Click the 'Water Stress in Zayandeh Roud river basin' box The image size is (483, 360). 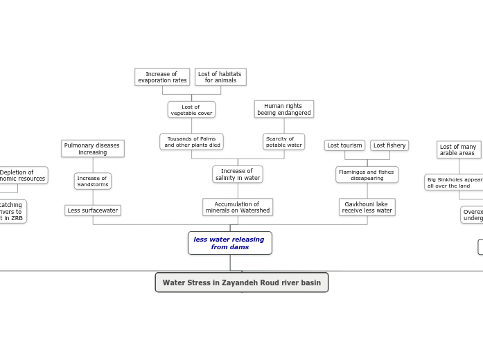point(241,282)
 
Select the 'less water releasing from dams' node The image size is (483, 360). point(229,243)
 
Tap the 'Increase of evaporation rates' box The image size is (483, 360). point(162,77)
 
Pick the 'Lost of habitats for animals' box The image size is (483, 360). point(220,77)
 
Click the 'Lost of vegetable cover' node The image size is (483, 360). point(191,109)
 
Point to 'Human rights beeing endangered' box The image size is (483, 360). point(283,109)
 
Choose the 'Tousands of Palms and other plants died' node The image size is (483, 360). point(191,142)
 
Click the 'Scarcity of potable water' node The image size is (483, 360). point(283,142)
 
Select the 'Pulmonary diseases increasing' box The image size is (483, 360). point(92,149)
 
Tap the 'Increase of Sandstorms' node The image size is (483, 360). point(92,181)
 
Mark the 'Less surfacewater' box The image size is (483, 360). point(92,210)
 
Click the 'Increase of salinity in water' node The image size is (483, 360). point(237,174)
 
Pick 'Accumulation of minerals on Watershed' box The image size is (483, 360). point(237,207)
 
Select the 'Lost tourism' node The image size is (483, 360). point(344,145)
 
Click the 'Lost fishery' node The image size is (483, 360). point(389,145)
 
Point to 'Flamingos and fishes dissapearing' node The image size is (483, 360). point(367,174)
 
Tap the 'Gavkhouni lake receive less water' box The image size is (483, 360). point(367,207)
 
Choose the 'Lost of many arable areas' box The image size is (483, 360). point(458,150)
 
